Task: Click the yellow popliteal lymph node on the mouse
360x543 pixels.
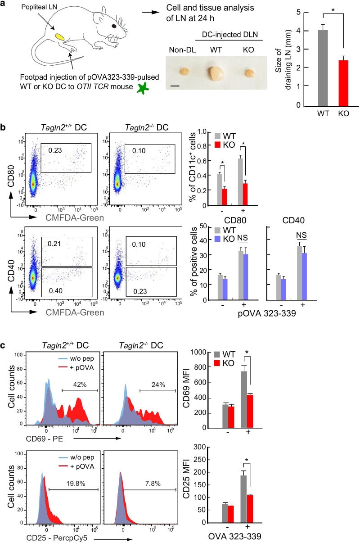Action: pos(60,35)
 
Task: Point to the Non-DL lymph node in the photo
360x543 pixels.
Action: pos(184,72)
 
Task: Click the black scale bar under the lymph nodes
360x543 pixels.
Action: pos(174,84)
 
